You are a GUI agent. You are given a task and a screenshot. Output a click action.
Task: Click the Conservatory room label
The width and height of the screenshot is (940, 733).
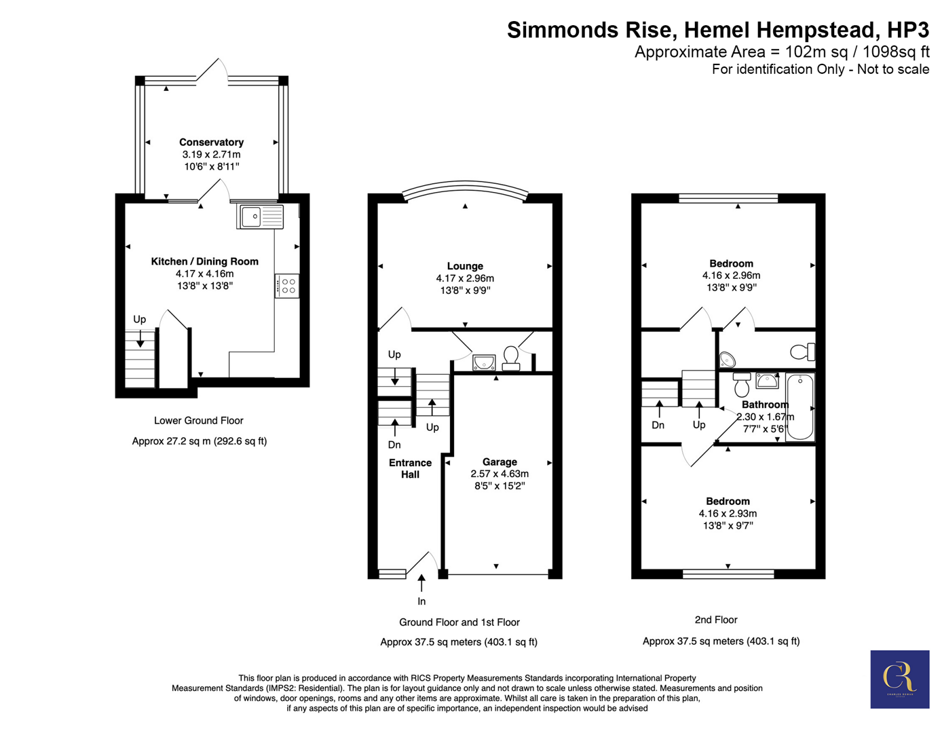211,143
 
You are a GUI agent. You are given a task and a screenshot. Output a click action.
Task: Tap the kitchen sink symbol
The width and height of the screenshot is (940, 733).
260,217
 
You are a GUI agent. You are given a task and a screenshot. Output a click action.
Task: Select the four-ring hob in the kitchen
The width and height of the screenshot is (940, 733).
287,286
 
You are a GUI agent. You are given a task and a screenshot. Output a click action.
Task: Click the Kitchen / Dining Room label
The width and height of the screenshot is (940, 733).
204,261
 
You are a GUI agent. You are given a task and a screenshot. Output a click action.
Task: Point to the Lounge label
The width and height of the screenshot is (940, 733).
465,266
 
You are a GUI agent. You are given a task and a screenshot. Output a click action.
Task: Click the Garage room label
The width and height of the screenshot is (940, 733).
500,462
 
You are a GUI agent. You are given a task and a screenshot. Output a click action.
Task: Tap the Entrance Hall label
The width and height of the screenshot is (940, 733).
410,468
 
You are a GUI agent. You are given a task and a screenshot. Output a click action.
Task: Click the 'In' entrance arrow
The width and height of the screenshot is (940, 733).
421,583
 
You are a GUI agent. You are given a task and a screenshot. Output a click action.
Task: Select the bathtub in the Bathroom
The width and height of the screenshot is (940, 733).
800,407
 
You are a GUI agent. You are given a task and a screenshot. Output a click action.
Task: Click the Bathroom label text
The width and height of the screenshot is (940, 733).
766,405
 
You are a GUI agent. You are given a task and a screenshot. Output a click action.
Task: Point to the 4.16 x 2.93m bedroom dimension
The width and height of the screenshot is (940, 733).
728,513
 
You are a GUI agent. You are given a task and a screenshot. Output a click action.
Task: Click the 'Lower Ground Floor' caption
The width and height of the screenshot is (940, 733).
199,420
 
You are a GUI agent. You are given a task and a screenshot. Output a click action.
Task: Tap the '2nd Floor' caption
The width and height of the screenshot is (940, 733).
716,620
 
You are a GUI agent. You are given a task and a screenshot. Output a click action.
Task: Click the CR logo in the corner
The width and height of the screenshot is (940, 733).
900,679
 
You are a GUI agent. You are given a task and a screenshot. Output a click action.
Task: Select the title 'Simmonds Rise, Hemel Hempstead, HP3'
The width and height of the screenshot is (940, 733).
718,30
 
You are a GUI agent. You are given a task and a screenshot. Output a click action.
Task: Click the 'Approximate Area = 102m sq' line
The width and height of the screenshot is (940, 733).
782,52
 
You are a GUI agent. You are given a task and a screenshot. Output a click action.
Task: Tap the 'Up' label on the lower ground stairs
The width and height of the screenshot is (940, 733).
139,319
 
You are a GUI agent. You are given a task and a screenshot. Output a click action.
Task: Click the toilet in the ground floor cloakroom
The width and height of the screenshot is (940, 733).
511,358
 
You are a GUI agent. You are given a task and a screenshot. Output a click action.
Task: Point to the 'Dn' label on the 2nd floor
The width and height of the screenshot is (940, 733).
658,425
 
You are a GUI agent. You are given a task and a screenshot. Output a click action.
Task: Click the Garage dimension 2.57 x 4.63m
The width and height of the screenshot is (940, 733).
500,474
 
